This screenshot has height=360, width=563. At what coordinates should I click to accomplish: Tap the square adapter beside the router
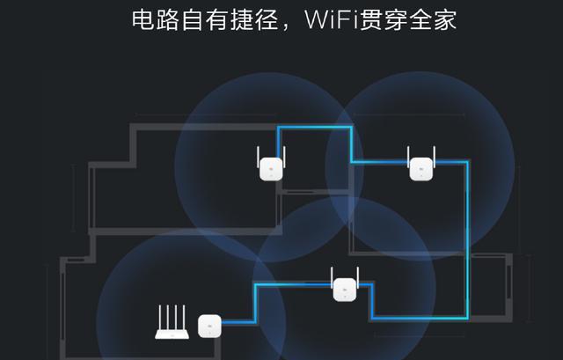point(209,325)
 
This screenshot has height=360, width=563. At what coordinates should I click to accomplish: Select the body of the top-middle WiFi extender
point(271,168)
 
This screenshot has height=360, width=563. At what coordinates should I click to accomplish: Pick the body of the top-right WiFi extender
point(420,168)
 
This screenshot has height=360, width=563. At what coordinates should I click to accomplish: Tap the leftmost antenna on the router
point(159,315)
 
